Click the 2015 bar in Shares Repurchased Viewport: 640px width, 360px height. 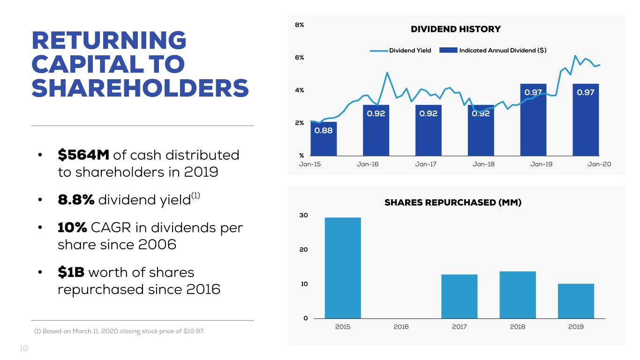pyautogui.click(x=343, y=268)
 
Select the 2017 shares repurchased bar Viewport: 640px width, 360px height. pyautogui.click(x=459, y=296)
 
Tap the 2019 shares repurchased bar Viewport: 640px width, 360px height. pyautogui.click(x=576, y=301)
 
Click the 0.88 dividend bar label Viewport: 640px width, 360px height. pyautogui.click(x=324, y=131)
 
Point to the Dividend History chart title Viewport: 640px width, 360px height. pyautogui.click(x=456, y=29)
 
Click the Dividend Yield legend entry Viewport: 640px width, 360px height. pyautogui.click(x=400, y=51)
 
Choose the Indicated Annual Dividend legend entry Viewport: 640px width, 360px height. pyautogui.click(x=493, y=51)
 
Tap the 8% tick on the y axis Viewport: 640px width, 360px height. pyautogui.click(x=300, y=25)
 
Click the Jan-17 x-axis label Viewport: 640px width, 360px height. pyautogui.click(x=426, y=164)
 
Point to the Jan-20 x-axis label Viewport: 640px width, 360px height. pyautogui.click(x=599, y=164)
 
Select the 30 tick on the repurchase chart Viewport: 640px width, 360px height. pyautogui.click(x=304, y=215)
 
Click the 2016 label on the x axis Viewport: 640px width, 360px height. pyautogui.click(x=401, y=327)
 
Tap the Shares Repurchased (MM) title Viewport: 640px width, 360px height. pyautogui.click(x=453, y=202)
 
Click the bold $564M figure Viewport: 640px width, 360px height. pyautogui.click(x=83, y=155)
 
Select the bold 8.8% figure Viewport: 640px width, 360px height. pyautogui.click(x=76, y=200)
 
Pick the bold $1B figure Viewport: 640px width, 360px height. pyautogui.click(x=71, y=272)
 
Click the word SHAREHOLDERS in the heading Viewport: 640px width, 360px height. pyautogui.click(x=140, y=88)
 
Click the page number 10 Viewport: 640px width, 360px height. pyautogui.click(x=24, y=348)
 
